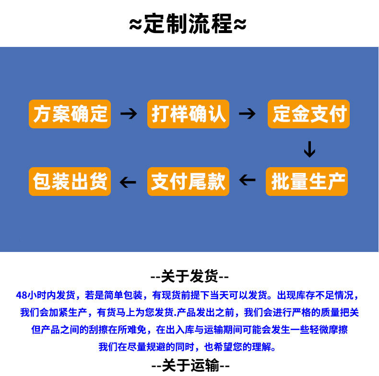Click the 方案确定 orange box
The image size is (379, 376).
[70, 114]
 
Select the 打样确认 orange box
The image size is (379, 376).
[188, 114]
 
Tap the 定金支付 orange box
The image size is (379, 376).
[309, 114]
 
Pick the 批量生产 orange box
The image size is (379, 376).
[307, 182]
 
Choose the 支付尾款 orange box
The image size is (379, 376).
[188, 182]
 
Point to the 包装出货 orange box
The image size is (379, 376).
[70, 182]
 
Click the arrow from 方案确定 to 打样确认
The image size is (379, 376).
[129, 114]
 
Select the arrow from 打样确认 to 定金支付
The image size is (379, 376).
[247, 114]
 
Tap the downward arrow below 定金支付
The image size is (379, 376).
[309, 149]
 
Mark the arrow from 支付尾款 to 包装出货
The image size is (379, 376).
[128, 182]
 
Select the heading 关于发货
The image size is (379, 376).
[190, 276]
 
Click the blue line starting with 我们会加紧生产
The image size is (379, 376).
[189, 313]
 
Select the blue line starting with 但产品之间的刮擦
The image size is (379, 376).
[189, 330]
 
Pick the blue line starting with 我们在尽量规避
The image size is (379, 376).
[188, 347]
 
